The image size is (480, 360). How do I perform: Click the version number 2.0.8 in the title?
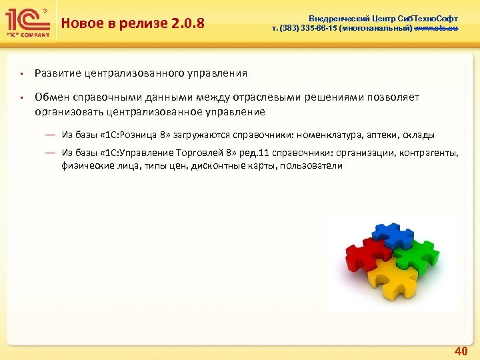(186, 25)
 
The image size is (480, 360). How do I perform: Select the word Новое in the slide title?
(80, 25)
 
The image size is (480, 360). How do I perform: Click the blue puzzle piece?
(393, 235)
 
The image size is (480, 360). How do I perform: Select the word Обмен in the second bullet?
(52, 97)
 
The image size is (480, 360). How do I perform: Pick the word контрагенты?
(429, 153)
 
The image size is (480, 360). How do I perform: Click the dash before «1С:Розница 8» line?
(50, 134)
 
